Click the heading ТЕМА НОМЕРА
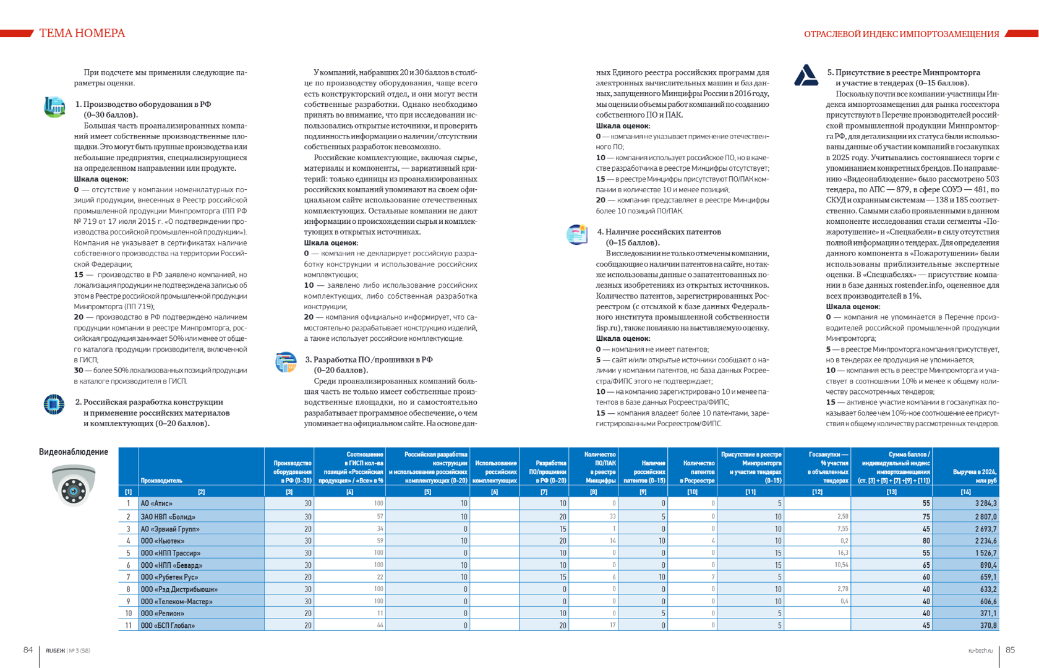pos(82,33)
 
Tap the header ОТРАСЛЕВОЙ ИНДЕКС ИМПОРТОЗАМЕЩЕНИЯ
pos(901,34)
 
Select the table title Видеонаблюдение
pos(73,452)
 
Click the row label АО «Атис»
pos(156,503)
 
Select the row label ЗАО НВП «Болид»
pos(168,516)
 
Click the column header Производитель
pos(161,481)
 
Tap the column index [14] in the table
pos(965,492)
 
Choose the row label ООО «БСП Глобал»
pos(168,625)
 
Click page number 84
pos(28,649)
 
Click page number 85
pos(1010,649)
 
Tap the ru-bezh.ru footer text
pos(980,651)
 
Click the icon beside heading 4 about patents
pos(577,234)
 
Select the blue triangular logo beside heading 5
pos(806,75)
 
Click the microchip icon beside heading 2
pos(54,404)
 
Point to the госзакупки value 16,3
pos(842,553)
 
